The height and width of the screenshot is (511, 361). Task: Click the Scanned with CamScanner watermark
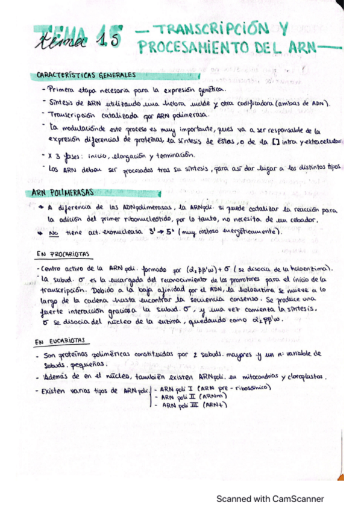(270, 498)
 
